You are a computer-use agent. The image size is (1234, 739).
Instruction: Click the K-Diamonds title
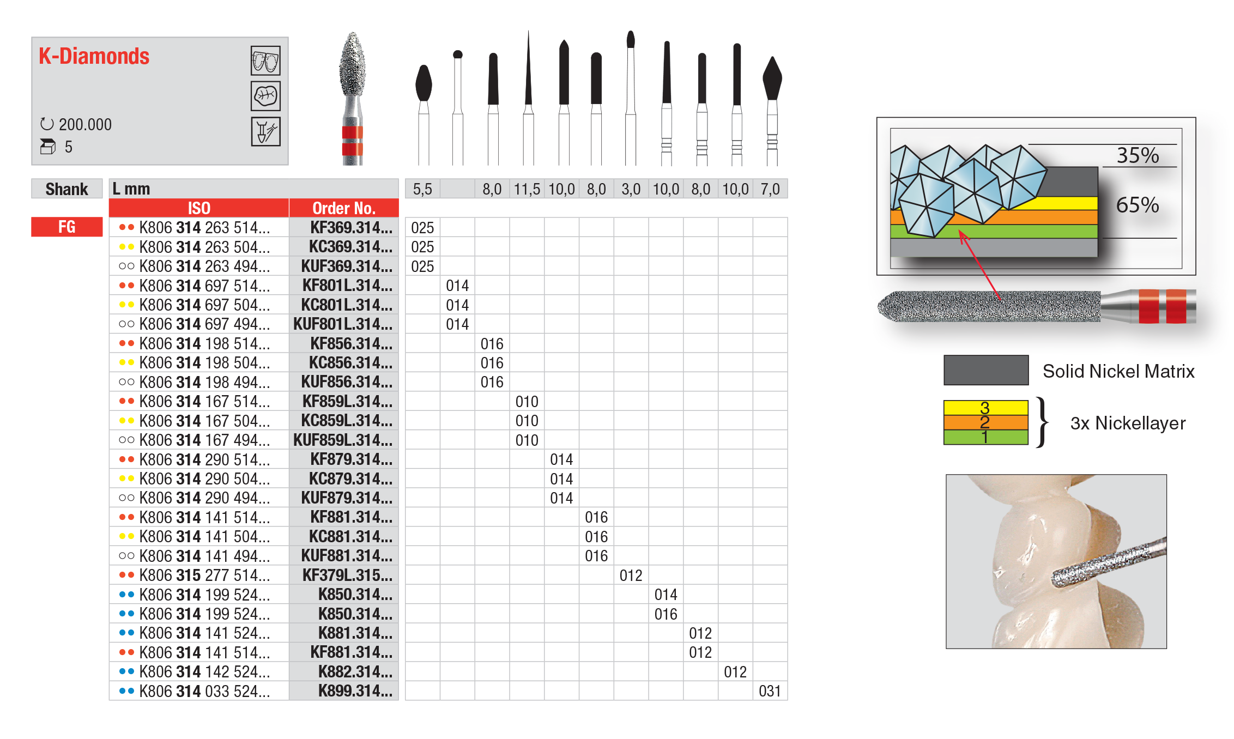[94, 57]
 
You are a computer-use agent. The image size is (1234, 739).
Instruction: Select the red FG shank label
[67, 227]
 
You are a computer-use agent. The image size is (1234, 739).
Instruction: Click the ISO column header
[199, 208]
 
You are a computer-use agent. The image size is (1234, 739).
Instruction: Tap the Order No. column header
[344, 208]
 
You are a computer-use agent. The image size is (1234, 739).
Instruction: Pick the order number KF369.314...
[351, 227]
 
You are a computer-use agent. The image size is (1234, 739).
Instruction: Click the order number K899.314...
[355, 691]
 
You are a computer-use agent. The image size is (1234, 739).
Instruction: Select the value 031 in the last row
[770, 691]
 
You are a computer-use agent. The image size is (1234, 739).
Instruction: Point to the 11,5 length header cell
[527, 189]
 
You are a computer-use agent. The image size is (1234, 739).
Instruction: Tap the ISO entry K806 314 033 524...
[204, 691]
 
